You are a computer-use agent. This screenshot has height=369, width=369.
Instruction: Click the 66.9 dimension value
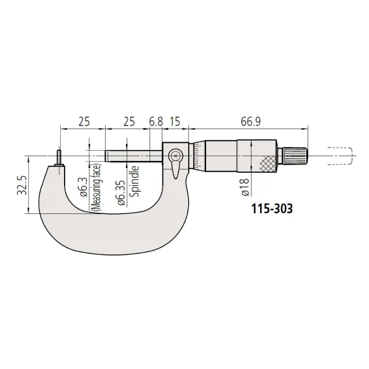251,122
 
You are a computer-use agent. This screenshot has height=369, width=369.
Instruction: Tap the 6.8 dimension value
156,122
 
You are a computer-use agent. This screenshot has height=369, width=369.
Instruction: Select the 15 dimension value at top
175,122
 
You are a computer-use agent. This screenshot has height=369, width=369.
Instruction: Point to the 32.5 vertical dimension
22,185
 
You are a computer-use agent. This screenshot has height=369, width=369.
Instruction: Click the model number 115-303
272,208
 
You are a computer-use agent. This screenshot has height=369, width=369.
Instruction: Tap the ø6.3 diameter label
84,188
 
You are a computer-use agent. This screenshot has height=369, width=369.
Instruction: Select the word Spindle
134,181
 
